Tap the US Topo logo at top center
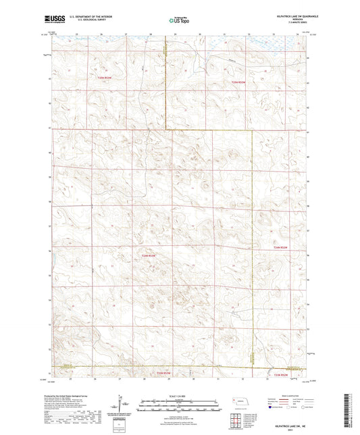(x=178, y=21)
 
